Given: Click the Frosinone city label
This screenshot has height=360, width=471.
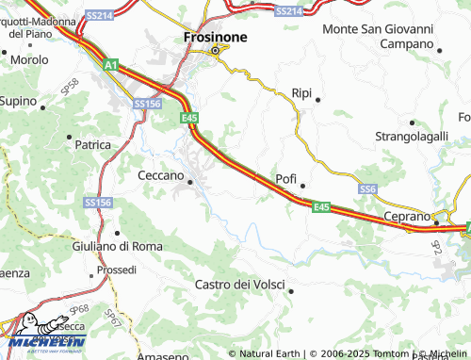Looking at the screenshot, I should pyautogui.click(x=214, y=36).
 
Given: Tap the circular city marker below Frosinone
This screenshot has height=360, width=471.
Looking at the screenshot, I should pyautogui.click(x=214, y=50).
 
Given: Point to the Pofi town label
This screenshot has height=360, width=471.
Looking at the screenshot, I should pyautogui.click(x=285, y=178).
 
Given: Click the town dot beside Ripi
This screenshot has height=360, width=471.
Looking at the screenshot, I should pyautogui.click(x=317, y=100).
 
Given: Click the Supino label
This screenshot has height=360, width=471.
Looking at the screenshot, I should pyautogui.click(x=18, y=100).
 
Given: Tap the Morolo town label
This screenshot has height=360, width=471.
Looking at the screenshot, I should pyautogui.click(x=29, y=59).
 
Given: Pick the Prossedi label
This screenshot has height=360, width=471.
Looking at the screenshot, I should pyautogui.click(x=117, y=270).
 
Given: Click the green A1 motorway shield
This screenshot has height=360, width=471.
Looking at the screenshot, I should pyautogui.click(x=111, y=65).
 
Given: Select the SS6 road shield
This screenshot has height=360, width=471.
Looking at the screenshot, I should pyautogui.click(x=368, y=189).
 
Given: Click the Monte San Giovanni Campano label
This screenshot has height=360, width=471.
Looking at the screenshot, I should pyautogui.click(x=380, y=36).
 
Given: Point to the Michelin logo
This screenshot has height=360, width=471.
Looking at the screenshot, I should pyautogui.click(x=43, y=335).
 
